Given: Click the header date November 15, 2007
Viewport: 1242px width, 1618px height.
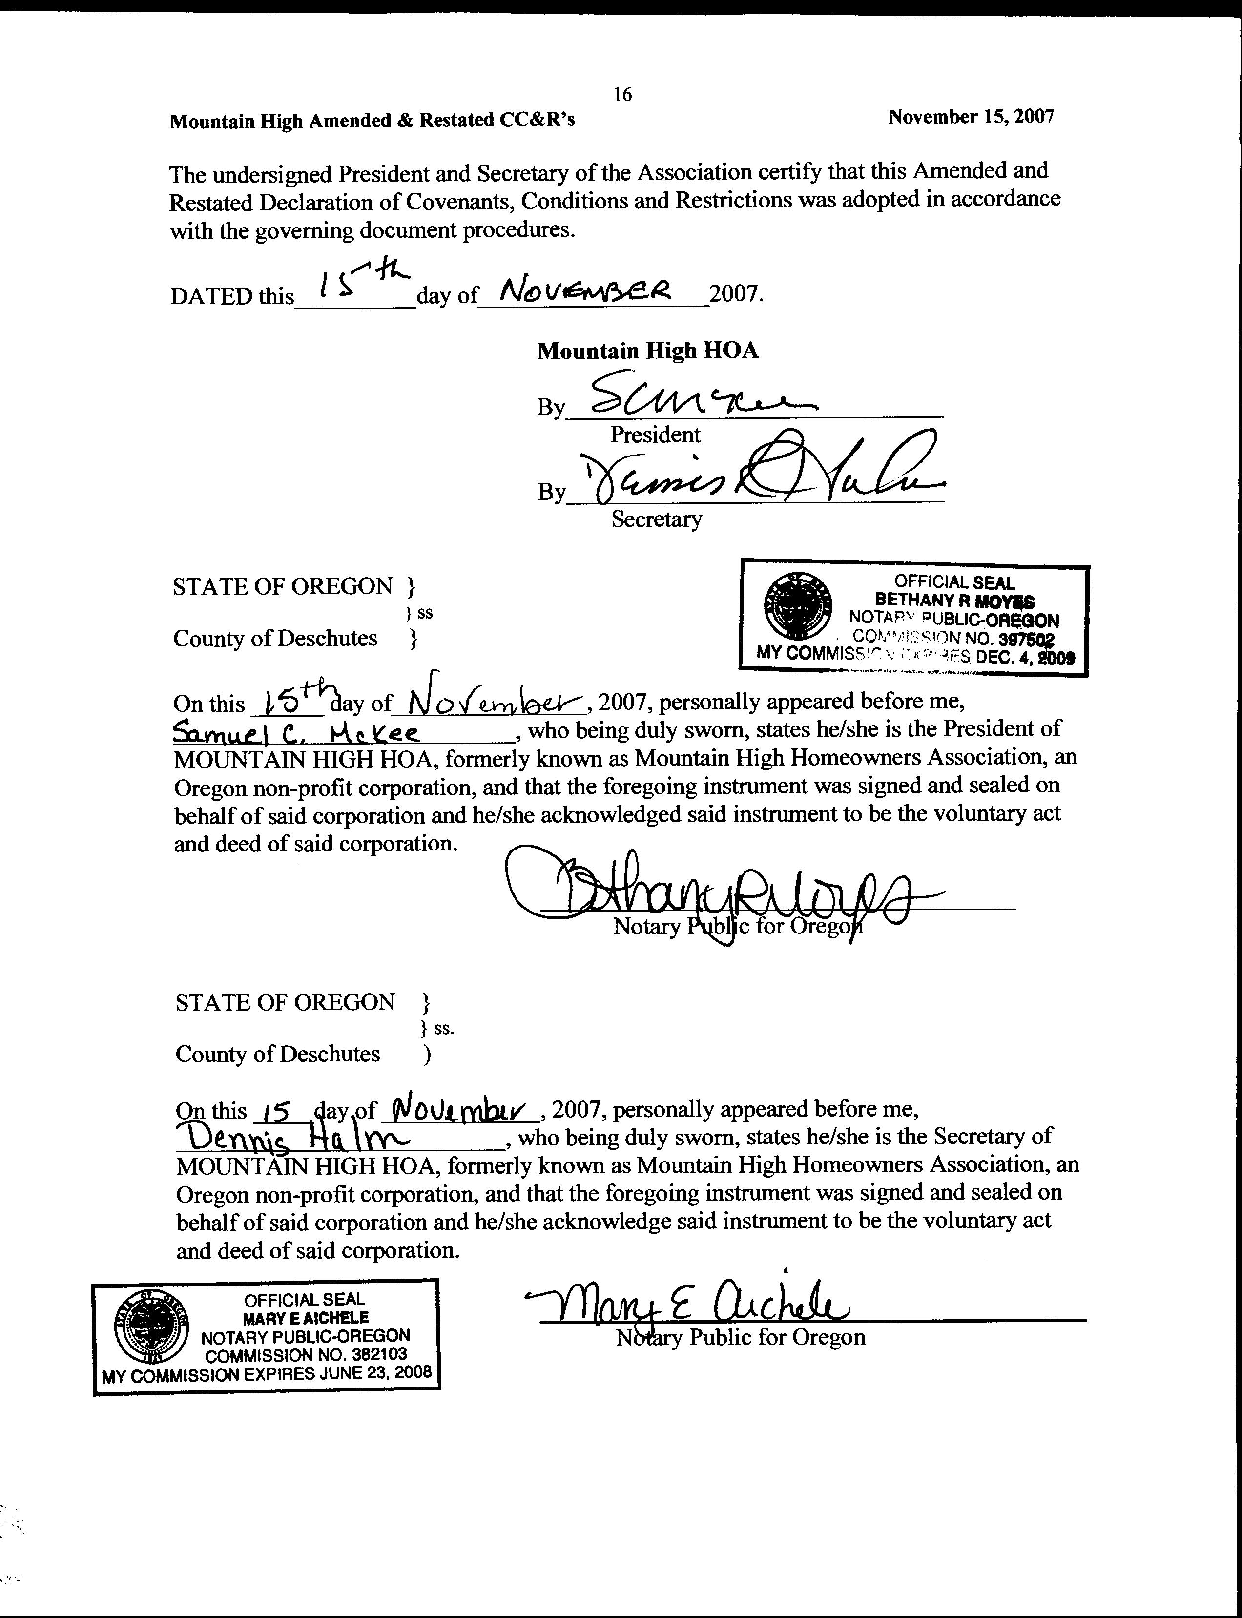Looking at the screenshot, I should click(x=971, y=117).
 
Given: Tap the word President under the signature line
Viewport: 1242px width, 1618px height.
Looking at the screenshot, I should click(x=655, y=435).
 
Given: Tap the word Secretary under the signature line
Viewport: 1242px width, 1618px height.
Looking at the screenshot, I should click(x=656, y=519).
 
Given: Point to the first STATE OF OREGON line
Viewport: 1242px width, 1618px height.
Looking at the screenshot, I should click(x=282, y=587).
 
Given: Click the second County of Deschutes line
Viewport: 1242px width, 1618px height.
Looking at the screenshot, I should click(x=278, y=1054).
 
